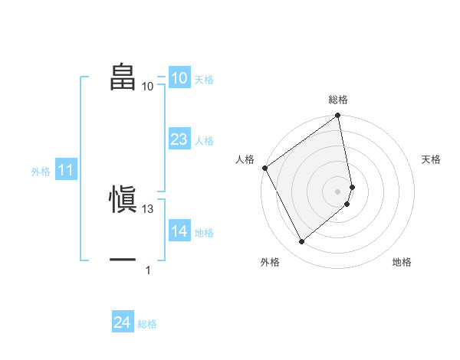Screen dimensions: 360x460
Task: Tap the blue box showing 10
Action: [179, 78]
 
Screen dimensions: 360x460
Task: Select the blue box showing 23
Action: [179, 139]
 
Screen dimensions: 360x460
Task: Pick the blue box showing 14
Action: [179, 231]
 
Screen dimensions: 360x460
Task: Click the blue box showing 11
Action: [65, 171]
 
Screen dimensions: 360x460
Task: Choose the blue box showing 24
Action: [122, 322]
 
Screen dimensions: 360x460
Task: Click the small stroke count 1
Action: [148, 270]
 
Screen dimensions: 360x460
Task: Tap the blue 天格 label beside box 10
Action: [204, 80]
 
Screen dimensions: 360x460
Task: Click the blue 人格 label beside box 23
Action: [204, 141]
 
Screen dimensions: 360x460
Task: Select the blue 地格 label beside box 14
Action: [204, 233]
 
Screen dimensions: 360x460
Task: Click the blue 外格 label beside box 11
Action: [41, 172]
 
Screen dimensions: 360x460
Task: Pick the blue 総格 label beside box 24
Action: [147, 324]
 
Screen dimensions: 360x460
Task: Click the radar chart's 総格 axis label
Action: [338, 100]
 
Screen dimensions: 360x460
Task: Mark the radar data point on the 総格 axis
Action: [338, 116]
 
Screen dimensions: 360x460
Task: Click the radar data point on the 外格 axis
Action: [301, 242]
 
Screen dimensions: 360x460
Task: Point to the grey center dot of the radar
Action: [338, 191]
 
